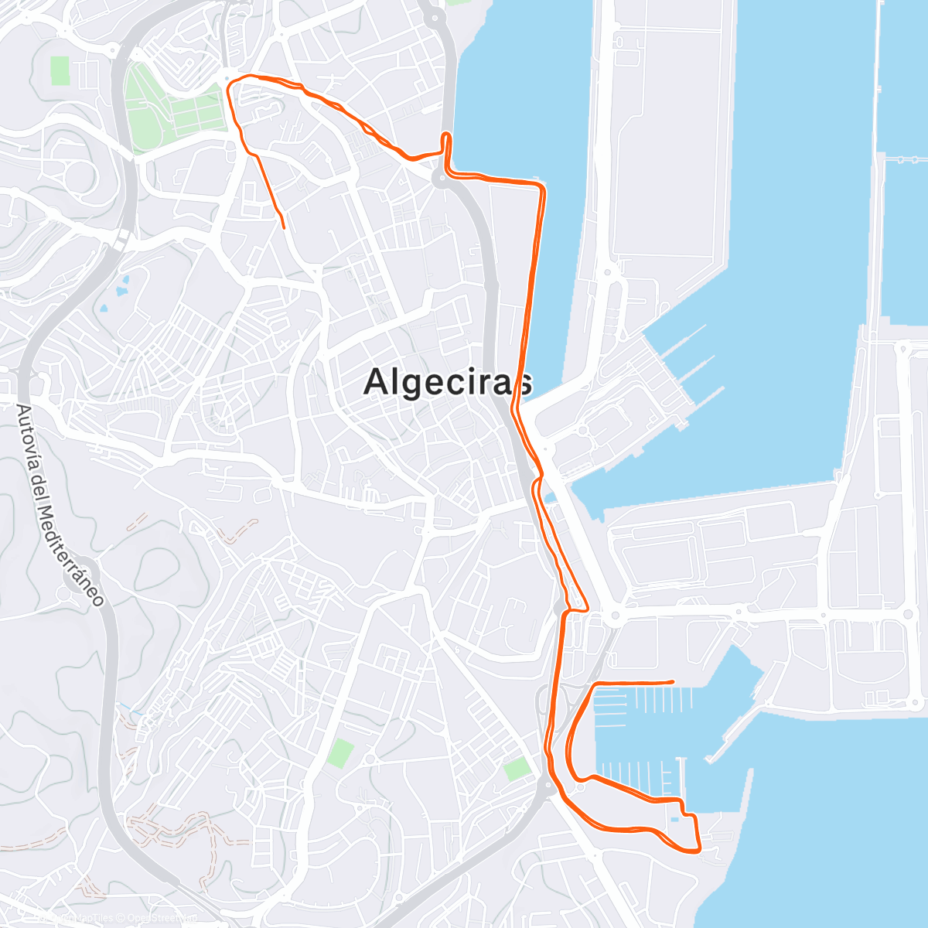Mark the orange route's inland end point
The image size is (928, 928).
pos(285,228)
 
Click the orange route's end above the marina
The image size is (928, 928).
pos(674,681)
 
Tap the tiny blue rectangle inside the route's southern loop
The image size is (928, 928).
pos(675,819)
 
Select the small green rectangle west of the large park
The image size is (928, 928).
pos(60,71)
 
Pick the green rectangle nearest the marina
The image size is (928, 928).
pos(517,769)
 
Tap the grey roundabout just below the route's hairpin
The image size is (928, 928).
pos(441,180)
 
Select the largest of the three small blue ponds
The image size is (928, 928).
pos(122,292)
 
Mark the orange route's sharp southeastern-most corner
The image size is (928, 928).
pos(699,849)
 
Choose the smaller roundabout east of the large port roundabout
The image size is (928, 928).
pos(738,612)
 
